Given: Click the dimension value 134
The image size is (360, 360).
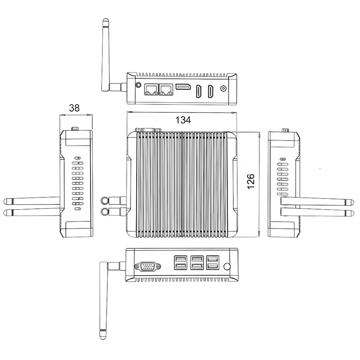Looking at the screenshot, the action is [x=183, y=120].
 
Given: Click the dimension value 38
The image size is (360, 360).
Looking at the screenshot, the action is [x=74, y=108].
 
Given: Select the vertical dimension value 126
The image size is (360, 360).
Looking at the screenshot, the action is [x=251, y=181].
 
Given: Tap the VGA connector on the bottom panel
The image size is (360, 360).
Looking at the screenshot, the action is [x=148, y=266].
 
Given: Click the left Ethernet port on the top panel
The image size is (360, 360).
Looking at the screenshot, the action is [x=151, y=90].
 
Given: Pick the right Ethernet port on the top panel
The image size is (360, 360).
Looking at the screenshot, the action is [x=166, y=90].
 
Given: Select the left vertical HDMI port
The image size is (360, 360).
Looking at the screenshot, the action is [x=199, y=91].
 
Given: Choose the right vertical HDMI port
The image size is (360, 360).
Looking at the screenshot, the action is [x=211, y=91].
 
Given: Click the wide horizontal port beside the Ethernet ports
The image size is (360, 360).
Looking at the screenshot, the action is [x=183, y=87].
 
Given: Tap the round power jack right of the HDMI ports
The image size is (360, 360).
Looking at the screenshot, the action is [x=223, y=88].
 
